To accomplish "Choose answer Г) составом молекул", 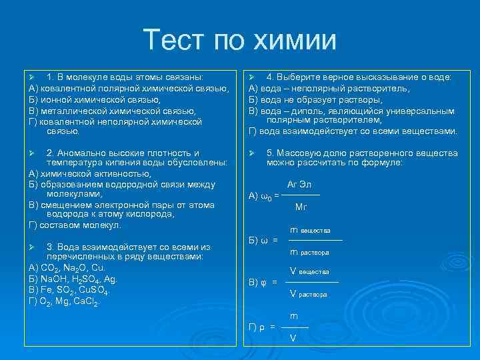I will (74, 225).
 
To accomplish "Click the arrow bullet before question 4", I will (252, 77).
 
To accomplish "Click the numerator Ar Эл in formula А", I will (299, 184).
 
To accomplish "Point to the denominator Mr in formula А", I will (301, 207).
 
